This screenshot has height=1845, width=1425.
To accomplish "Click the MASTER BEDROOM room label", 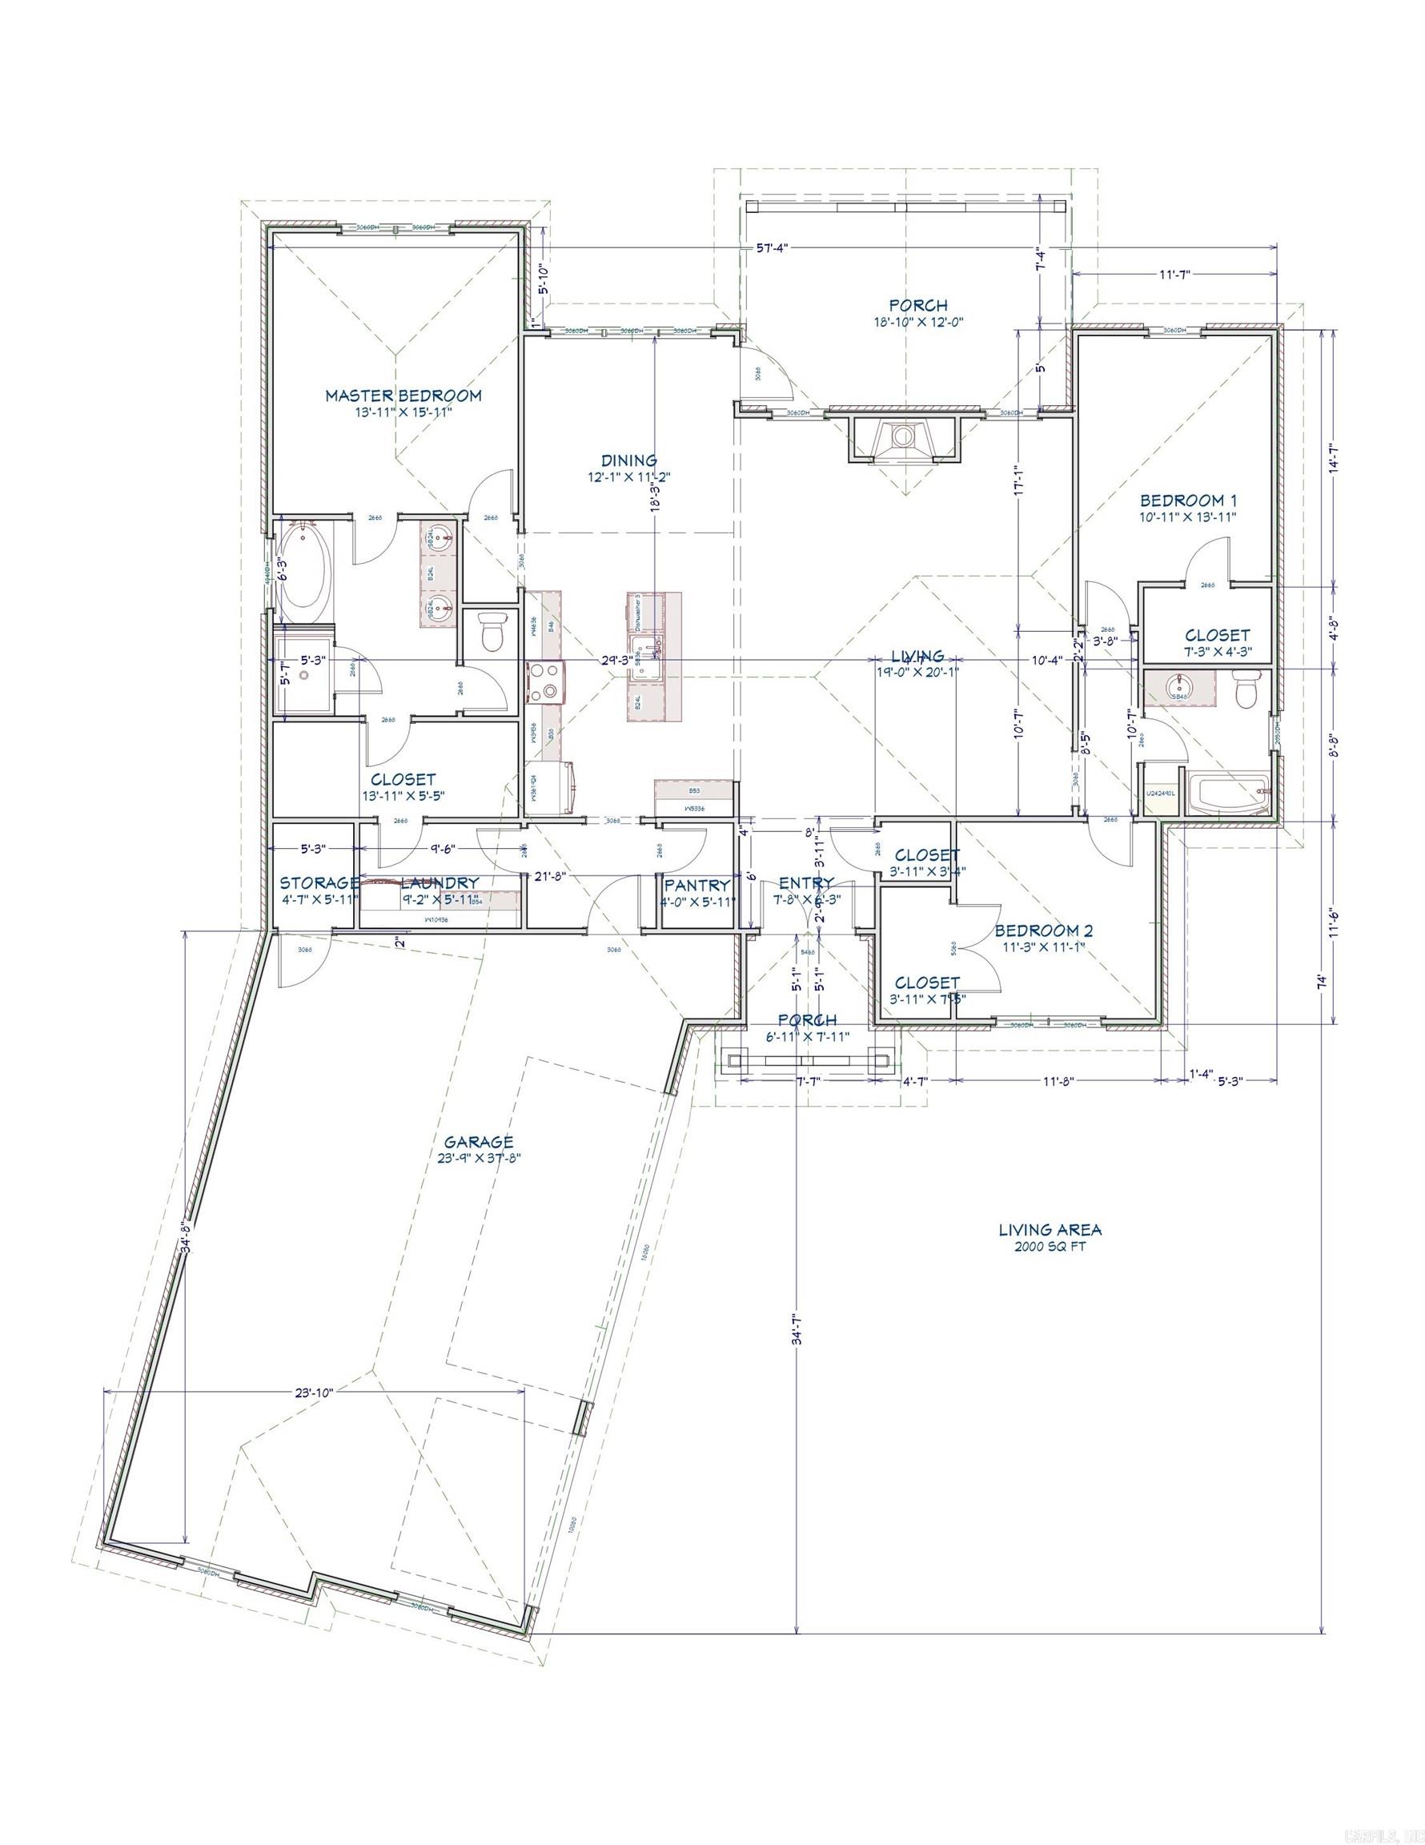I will [x=403, y=396].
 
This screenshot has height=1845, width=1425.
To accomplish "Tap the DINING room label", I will [x=628, y=460].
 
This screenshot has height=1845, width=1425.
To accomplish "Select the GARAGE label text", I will [x=480, y=1143].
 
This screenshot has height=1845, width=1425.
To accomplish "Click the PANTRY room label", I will [x=696, y=885].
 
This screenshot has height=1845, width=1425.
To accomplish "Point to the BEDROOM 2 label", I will [x=1043, y=931].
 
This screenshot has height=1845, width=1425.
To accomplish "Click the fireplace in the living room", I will [x=903, y=439].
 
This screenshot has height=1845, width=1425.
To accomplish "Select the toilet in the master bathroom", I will [x=491, y=631].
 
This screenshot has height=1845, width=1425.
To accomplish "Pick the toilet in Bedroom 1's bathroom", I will [x=1246, y=689].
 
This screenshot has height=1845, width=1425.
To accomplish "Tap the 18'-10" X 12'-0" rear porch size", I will [x=918, y=322].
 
